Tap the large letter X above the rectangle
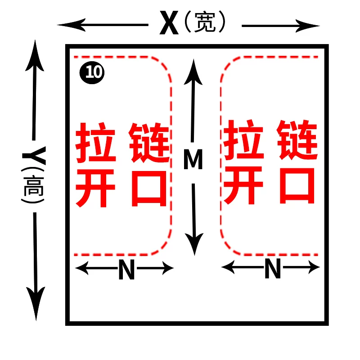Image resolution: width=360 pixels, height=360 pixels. [169, 24]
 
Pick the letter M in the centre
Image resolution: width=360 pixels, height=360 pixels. [193, 160]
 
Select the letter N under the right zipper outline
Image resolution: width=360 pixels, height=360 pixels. [273, 270]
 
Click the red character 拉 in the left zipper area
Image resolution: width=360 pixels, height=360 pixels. [95, 142]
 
